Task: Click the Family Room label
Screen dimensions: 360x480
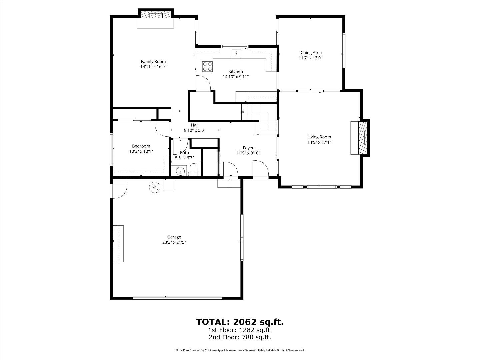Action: [x=153, y=61]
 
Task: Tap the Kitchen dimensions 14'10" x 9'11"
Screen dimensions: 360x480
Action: [x=236, y=77]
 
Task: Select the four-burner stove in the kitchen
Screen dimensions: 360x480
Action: [x=207, y=66]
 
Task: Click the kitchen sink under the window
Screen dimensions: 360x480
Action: [x=236, y=53]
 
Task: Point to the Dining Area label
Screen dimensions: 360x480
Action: [x=310, y=52]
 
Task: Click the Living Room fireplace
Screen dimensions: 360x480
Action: [x=359, y=138]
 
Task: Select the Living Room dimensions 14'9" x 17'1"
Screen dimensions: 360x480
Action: [x=319, y=142]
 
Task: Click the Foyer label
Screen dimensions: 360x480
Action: [x=248, y=148]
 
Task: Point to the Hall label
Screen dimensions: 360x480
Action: [x=195, y=125]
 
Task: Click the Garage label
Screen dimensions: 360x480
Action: [x=174, y=237]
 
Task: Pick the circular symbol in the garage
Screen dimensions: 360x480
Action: [x=154, y=187]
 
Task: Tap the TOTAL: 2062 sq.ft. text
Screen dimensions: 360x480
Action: [x=240, y=322]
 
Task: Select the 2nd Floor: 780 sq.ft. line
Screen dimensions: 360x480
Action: [x=240, y=337]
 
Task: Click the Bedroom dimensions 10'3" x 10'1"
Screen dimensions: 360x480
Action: [x=141, y=151]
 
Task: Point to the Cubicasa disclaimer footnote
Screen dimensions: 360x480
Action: [x=240, y=350]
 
